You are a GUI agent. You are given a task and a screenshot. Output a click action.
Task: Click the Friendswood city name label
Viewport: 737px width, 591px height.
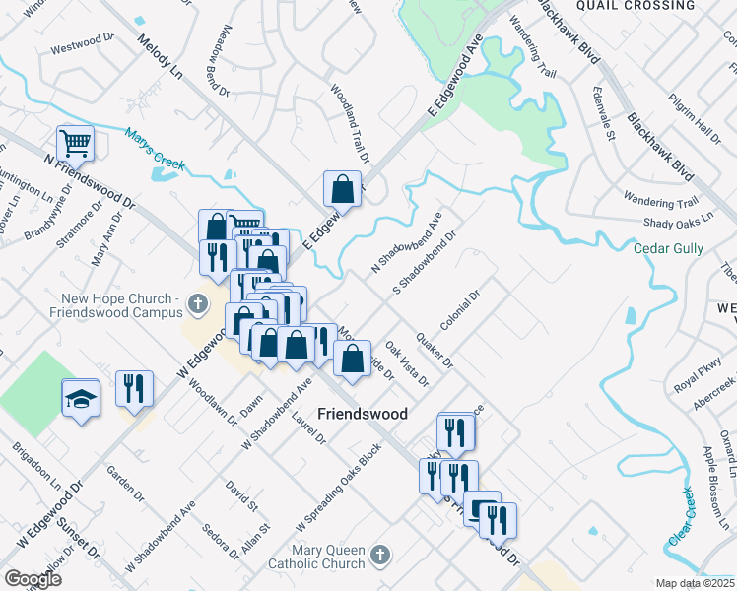click(362, 415)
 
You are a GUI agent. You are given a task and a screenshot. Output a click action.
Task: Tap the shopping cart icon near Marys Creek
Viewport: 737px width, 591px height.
click(75, 145)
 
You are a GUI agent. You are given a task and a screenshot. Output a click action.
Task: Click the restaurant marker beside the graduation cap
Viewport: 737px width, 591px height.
click(134, 388)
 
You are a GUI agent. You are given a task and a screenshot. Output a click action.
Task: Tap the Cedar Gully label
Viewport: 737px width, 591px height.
click(668, 249)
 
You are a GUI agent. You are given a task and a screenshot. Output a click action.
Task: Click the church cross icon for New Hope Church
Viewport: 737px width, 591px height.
click(197, 302)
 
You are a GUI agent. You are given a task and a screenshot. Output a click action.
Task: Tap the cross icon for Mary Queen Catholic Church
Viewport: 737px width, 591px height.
click(378, 557)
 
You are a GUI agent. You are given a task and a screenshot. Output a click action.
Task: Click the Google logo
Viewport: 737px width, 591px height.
click(33, 579)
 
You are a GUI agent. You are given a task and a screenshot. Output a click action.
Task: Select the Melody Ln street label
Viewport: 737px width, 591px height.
click(161, 59)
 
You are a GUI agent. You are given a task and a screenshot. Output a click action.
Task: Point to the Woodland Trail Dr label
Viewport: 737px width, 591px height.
click(350, 124)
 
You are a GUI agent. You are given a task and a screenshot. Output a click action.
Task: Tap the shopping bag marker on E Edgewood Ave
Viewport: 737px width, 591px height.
click(341, 189)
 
